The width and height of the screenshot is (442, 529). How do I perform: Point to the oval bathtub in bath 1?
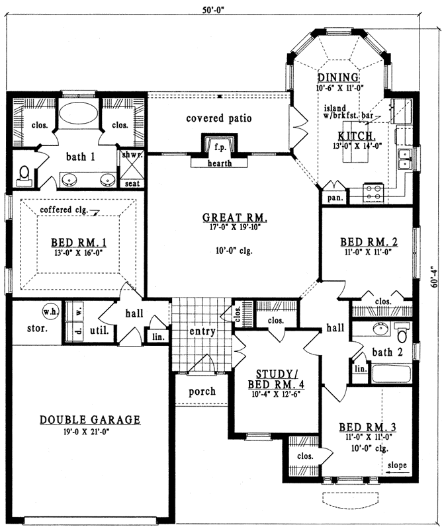click(x=77, y=113)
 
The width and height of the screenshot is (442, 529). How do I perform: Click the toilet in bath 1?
click(x=24, y=174)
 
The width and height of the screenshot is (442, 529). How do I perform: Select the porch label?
click(x=202, y=391)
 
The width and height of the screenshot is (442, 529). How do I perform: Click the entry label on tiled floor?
click(x=202, y=331)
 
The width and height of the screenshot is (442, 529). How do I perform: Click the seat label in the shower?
click(x=132, y=183)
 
